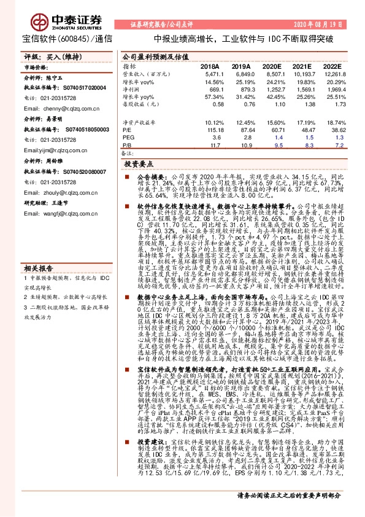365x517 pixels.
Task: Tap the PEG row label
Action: [128, 138]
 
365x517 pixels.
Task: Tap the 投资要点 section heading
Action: [139, 165]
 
